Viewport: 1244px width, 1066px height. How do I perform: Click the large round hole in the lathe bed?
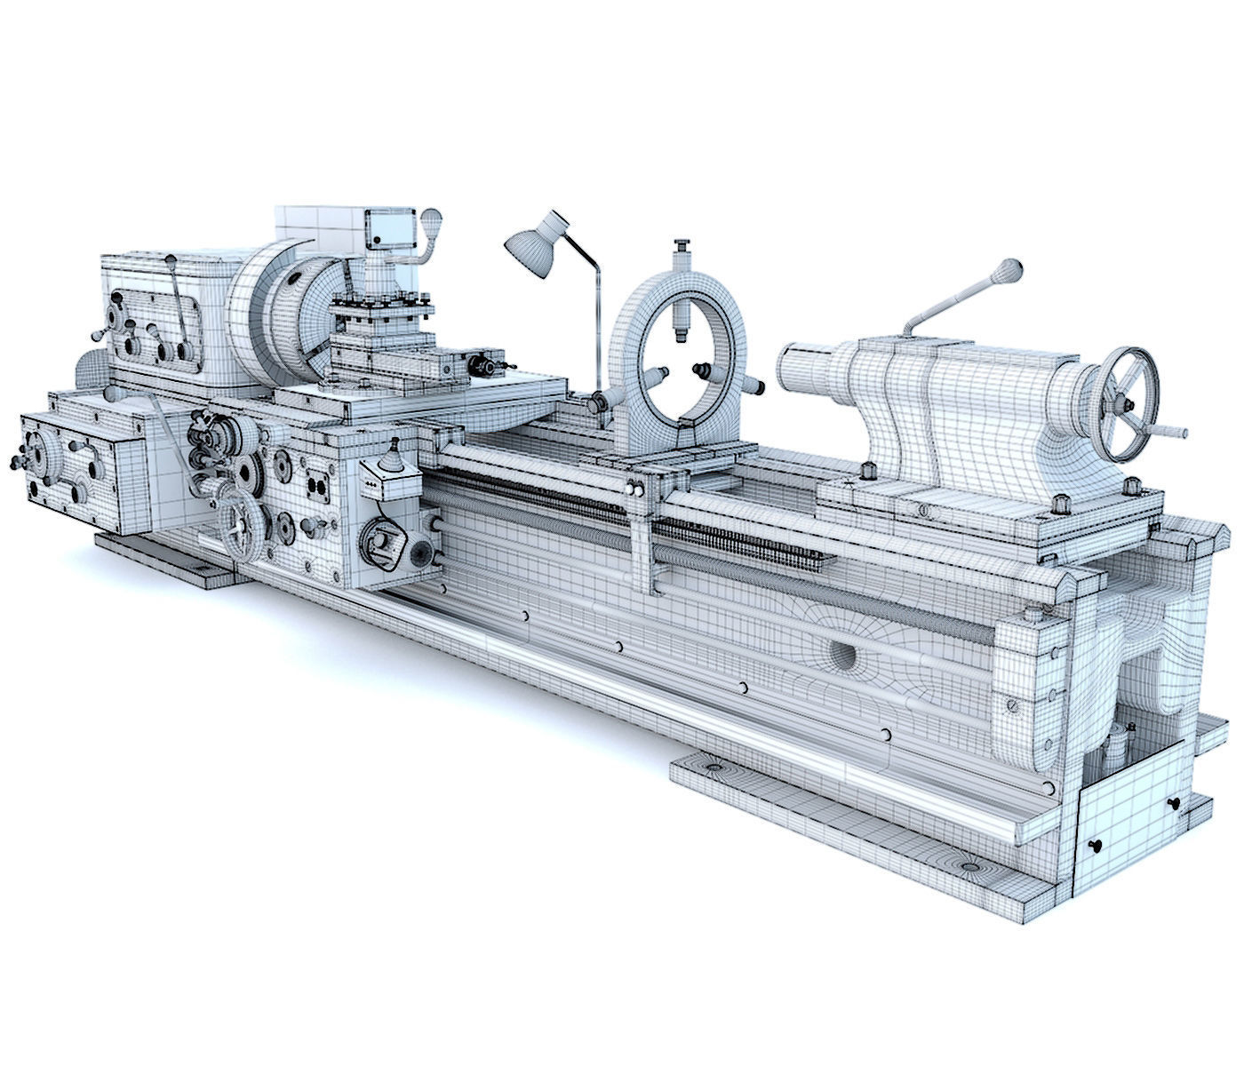(843, 656)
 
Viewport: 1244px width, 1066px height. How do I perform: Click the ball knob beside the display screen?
(432, 219)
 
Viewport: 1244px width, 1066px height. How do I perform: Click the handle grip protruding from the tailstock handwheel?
(1173, 433)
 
